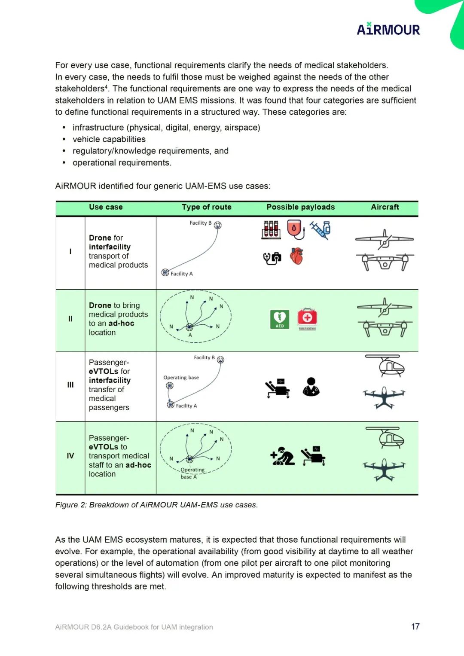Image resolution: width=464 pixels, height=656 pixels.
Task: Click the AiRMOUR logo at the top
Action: [388, 29]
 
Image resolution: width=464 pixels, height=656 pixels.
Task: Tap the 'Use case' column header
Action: [106, 207]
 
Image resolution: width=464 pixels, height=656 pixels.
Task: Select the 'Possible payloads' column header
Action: [300, 207]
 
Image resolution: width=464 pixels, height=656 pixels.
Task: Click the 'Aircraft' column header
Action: [385, 207]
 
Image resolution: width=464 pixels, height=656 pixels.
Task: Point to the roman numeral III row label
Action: [70, 385]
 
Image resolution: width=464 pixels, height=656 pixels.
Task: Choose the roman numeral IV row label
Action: [70, 456]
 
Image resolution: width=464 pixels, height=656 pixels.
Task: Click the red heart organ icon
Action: [296, 256]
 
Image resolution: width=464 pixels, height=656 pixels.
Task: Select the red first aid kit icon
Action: [307, 319]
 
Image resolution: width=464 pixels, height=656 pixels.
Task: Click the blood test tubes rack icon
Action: [271, 230]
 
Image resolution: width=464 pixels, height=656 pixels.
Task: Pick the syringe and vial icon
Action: [320, 230]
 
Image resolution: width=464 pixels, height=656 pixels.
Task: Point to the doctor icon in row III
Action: [311, 387]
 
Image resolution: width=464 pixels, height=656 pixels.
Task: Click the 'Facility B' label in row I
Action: [201, 223]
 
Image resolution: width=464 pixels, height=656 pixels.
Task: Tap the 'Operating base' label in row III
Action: [181, 378]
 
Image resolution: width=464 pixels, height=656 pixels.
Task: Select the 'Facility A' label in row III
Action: [186, 406]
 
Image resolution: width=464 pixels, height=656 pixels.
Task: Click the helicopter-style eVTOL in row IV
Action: [385, 438]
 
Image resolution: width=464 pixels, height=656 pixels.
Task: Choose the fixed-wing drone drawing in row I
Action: [384, 239]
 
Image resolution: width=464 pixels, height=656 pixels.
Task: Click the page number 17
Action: [415, 627]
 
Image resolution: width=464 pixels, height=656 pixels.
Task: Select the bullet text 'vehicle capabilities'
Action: [109, 139]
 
